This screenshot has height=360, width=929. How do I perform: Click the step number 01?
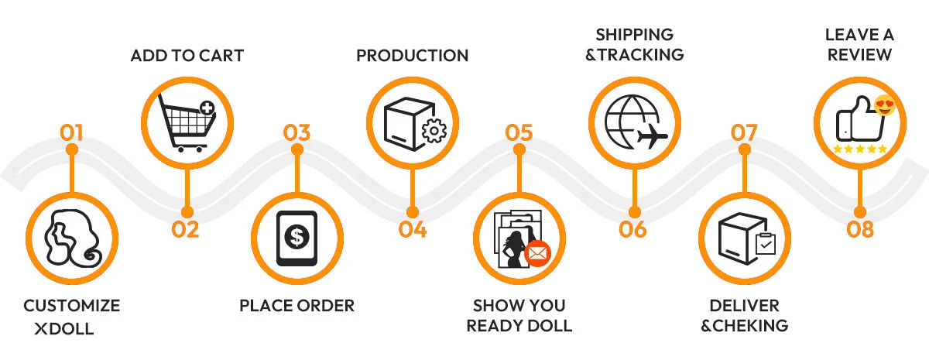pyautogui.click(x=71, y=132)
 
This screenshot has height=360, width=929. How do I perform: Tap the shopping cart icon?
pyautogui.click(x=187, y=123)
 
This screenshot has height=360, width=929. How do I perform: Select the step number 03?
pyautogui.click(x=297, y=132)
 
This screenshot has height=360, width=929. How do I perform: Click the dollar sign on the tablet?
pyautogui.click(x=297, y=237)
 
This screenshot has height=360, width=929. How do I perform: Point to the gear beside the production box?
pyautogui.click(x=434, y=131)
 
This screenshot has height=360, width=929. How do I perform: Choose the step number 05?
pyautogui.click(x=519, y=132)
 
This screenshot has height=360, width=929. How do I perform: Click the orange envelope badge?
pyautogui.click(x=537, y=253)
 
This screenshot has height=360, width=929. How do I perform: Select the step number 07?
pyautogui.click(x=744, y=132)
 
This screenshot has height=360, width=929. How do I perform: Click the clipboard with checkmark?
pyautogui.click(x=766, y=244)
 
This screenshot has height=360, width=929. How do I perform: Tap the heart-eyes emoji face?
pyautogui.click(x=885, y=105)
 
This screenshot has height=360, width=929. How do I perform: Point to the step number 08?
pyautogui.click(x=860, y=229)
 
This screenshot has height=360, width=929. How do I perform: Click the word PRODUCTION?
pyautogui.click(x=412, y=56)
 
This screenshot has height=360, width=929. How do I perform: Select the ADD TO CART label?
pyautogui.click(x=187, y=56)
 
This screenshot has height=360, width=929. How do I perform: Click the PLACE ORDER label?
pyautogui.click(x=297, y=306)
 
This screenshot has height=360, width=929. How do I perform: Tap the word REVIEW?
pyautogui.click(x=860, y=55)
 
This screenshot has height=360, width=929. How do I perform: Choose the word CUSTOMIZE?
pyautogui.click(x=72, y=306)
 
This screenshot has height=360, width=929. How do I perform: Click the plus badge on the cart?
pyautogui.click(x=207, y=108)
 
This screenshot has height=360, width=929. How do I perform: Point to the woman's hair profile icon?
pyautogui.click(x=73, y=238)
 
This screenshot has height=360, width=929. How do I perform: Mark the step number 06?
pyautogui.click(x=632, y=229)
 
